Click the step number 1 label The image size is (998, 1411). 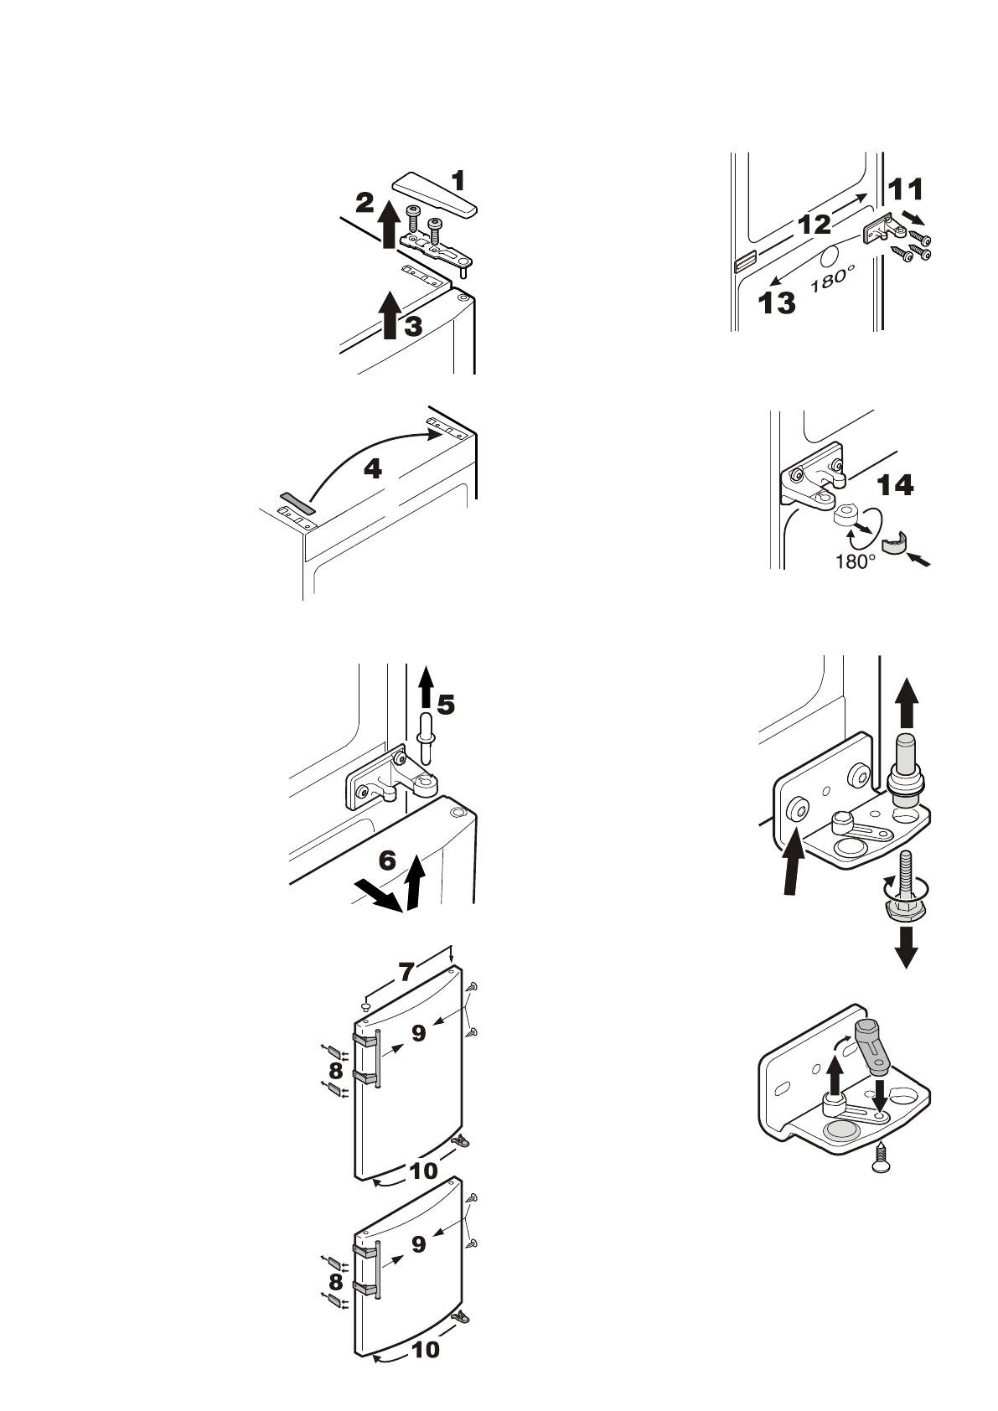pyautogui.click(x=459, y=181)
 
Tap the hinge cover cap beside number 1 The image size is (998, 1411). pyautogui.click(x=435, y=194)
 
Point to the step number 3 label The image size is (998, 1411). pyautogui.click(x=412, y=327)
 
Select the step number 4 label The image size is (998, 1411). pyautogui.click(x=373, y=468)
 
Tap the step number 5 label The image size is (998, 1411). pyautogui.click(x=446, y=705)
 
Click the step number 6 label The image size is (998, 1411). pyautogui.click(x=387, y=861)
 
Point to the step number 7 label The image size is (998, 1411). pyautogui.click(x=406, y=973)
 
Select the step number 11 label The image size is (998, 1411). pyautogui.click(x=905, y=189)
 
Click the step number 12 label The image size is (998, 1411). pyautogui.click(x=814, y=225)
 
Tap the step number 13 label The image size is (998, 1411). pyautogui.click(x=777, y=303)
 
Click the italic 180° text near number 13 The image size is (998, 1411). pyautogui.click(x=833, y=277)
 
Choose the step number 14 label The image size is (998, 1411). pyautogui.click(x=895, y=485)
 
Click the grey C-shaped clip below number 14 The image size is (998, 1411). pyautogui.click(x=896, y=542)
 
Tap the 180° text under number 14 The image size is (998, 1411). pyautogui.click(x=856, y=561)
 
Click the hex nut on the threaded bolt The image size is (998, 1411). pyautogui.click(x=905, y=909)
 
